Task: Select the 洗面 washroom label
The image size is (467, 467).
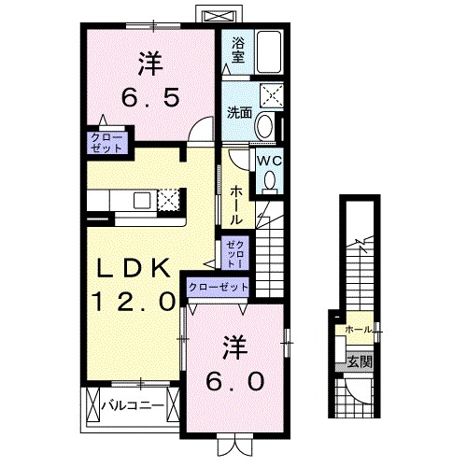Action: pos(238,113)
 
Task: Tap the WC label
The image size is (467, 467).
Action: pos(269,160)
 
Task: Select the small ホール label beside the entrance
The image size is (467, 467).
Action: pos(358,330)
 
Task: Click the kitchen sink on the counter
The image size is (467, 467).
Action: pos(143,199)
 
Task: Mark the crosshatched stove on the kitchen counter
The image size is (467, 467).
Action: pos(169,200)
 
